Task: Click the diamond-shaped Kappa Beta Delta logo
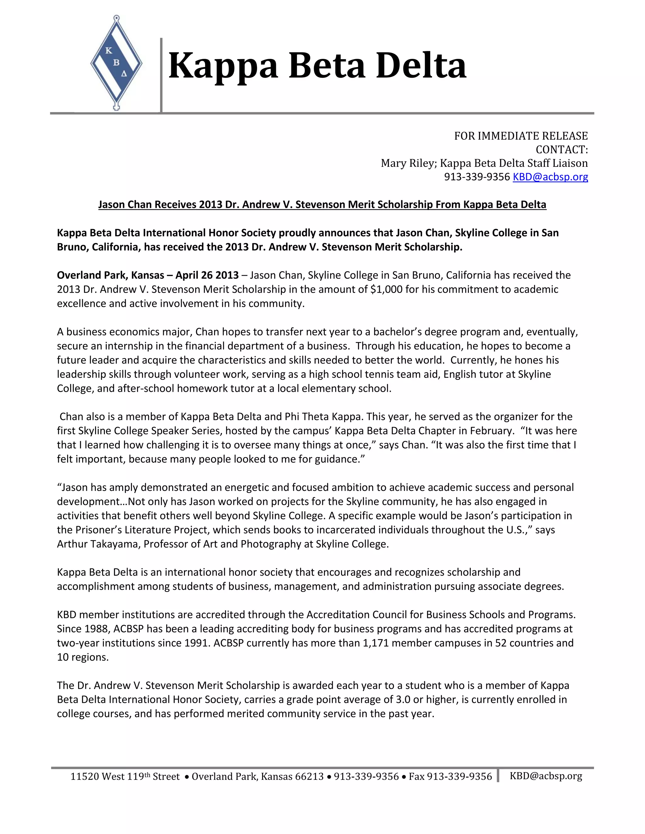tap(116, 63)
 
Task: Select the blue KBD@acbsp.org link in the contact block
tap(550, 177)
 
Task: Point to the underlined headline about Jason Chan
tap(322, 204)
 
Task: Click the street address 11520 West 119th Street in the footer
tap(125, 776)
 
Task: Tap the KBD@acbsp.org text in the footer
tap(546, 776)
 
